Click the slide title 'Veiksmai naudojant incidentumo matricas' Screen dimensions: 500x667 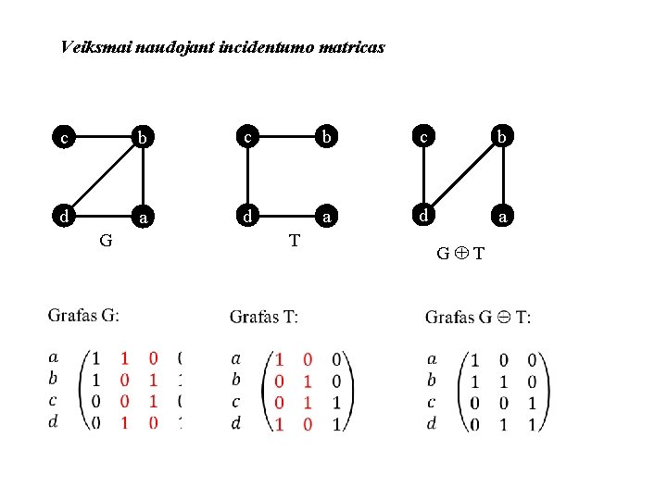pyautogui.click(x=222, y=46)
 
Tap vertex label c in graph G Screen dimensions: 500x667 pyautogui.click(x=63, y=139)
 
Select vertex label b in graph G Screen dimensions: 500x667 pyautogui.click(x=143, y=139)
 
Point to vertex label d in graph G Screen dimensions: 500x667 pyautogui.click(x=63, y=217)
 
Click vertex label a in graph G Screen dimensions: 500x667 pyautogui.click(x=143, y=219)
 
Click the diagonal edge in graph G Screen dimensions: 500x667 pyautogui.click(x=102, y=178)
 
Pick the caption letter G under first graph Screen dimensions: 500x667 pyautogui.click(x=107, y=241)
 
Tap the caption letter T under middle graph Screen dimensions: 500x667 pyautogui.click(x=294, y=241)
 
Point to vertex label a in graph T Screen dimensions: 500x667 pyautogui.click(x=326, y=218)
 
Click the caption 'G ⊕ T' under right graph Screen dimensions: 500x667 pyautogui.click(x=461, y=254)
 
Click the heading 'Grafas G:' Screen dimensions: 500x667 pyautogui.click(x=83, y=316)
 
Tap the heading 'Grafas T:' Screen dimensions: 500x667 pyautogui.click(x=264, y=318)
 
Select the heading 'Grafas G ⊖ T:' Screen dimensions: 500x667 pyautogui.click(x=478, y=318)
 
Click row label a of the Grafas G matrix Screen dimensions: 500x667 pyautogui.click(x=54, y=356)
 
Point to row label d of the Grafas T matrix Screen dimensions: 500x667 pyautogui.click(x=237, y=422)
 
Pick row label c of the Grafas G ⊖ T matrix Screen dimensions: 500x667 pyautogui.click(x=432, y=402)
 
